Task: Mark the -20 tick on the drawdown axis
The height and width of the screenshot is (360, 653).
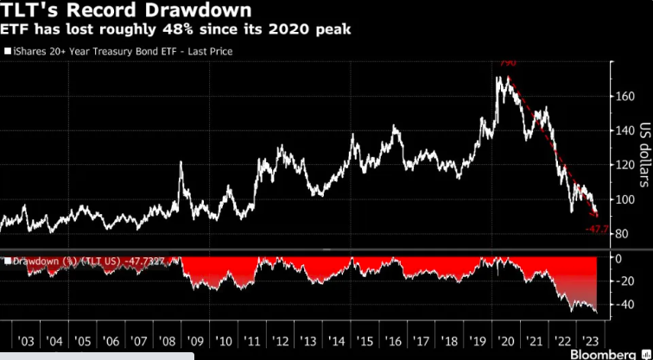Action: (x=620, y=281)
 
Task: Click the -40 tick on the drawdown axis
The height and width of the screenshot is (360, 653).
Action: (x=620, y=304)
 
